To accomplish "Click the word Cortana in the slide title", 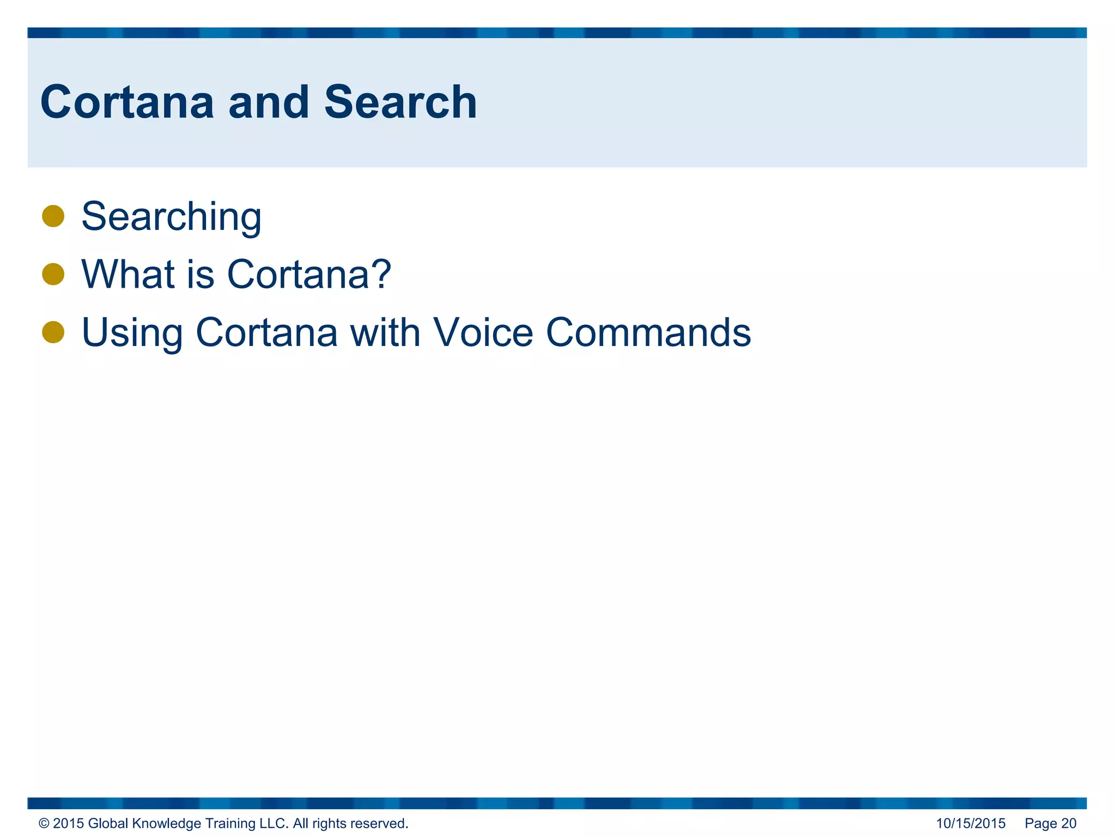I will [x=127, y=102].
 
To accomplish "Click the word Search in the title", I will [x=401, y=102].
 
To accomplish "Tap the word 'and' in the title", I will [x=269, y=102].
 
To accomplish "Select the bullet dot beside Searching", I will [x=53, y=216].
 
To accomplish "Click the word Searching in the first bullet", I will [x=171, y=217].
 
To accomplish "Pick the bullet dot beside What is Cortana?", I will [x=53, y=274].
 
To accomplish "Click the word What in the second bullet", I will [x=128, y=274].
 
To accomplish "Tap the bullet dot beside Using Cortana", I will [x=53, y=332].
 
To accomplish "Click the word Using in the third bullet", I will [x=132, y=333].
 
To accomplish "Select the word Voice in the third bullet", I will [x=483, y=332].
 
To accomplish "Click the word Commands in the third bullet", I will [x=648, y=332].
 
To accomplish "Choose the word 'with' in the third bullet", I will [x=385, y=332].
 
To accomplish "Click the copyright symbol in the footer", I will [x=44, y=823].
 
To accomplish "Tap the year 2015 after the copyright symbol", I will [x=68, y=823].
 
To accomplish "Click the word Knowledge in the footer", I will [x=166, y=823].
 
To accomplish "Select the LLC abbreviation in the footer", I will [x=274, y=823].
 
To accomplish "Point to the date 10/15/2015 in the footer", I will [x=971, y=823].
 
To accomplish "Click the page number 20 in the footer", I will [x=1069, y=823].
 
